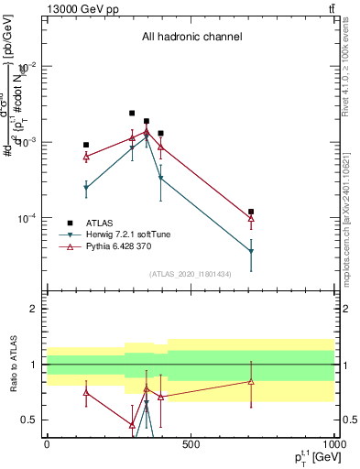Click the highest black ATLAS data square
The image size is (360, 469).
132,114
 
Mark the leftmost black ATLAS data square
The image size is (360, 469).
86,145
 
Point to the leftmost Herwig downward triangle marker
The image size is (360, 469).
86,188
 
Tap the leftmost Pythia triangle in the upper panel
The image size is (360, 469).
86,157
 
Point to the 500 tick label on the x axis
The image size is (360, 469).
190,445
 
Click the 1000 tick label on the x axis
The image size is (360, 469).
333,445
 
